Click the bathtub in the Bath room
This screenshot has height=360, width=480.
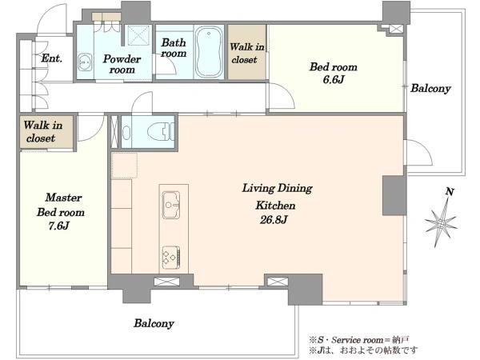click(x=209, y=52)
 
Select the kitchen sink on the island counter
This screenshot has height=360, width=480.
click(x=171, y=205)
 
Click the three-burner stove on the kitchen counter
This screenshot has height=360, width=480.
click(x=171, y=258)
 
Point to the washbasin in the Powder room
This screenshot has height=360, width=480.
click(x=85, y=62)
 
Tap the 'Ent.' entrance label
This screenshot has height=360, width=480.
click(x=52, y=58)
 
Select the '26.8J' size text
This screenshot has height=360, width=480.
click(x=274, y=220)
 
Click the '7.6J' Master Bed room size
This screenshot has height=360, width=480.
click(x=58, y=226)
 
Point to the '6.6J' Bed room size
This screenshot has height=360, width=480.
click(x=334, y=79)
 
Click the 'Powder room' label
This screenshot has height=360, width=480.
click(x=122, y=64)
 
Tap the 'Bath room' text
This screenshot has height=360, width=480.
click(x=174, y=48)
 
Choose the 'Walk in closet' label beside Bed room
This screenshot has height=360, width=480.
click(x=246, y=53)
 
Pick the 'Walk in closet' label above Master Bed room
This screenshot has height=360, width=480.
click(x=43, y=131)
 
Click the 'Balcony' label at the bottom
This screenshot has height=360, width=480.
click(x=154, y=323)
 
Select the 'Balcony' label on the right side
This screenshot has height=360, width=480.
click(x=430, y=88)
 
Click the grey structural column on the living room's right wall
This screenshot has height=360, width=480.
click(x=394, y=196)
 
